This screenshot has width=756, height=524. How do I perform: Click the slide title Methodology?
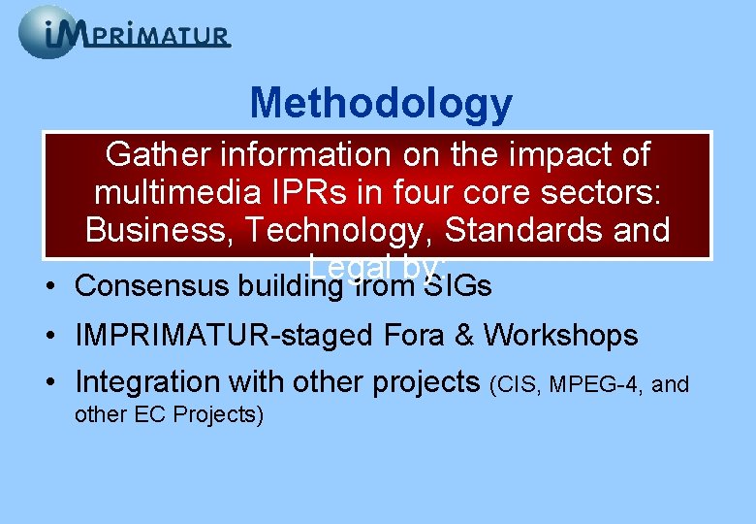(x=381, y=103)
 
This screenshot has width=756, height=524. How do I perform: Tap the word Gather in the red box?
(x=159, y=154)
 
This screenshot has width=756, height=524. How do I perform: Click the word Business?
(x=157, y=230)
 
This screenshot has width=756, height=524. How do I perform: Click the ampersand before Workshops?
(x=468, y=336)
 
